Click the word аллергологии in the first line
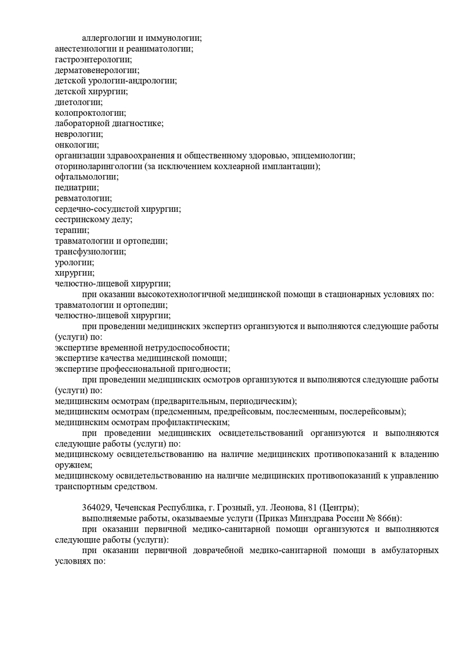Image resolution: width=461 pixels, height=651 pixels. point(108,39)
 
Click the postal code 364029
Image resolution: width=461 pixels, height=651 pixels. point(97,508)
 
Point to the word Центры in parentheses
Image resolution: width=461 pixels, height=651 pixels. point(341,508)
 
